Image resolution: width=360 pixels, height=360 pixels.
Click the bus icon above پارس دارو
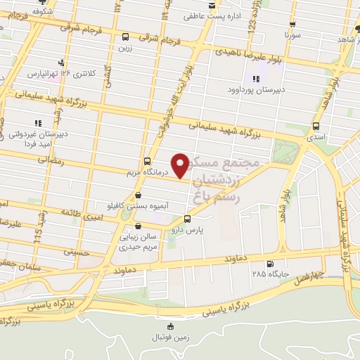(x=186, y=219)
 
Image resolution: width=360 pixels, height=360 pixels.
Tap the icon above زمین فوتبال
(x=169, y=326)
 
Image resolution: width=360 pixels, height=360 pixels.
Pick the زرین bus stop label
(x=125, y=48)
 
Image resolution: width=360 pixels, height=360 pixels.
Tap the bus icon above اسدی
(x=315, y=127)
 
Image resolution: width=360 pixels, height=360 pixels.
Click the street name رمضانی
(x=52, y=161)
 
